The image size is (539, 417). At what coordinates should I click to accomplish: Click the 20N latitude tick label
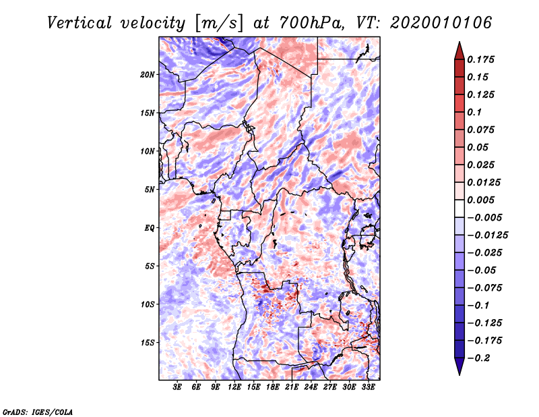pyautogui.click(x=148, y=74)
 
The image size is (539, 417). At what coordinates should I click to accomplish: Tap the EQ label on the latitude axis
pyautogui.click(x=150, y=227)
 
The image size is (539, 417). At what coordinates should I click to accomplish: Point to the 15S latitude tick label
pyautogui.click(x=148, y=342)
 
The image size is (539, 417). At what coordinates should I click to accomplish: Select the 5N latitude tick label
pyautogui.click(x=150, y=189)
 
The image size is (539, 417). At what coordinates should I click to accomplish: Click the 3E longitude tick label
pyautogui.click(x=178, y=387)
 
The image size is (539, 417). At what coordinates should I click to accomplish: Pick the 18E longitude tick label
pyautogui.click(x=273, y=387)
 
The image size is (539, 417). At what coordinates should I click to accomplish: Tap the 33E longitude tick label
pyautogui.click(x=368, y=387)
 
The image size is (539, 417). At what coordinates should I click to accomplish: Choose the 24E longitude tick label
pyautogui.click(x=311, y=387)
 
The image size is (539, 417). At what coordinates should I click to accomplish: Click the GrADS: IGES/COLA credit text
pyautogui.click(x=38, y=411)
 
